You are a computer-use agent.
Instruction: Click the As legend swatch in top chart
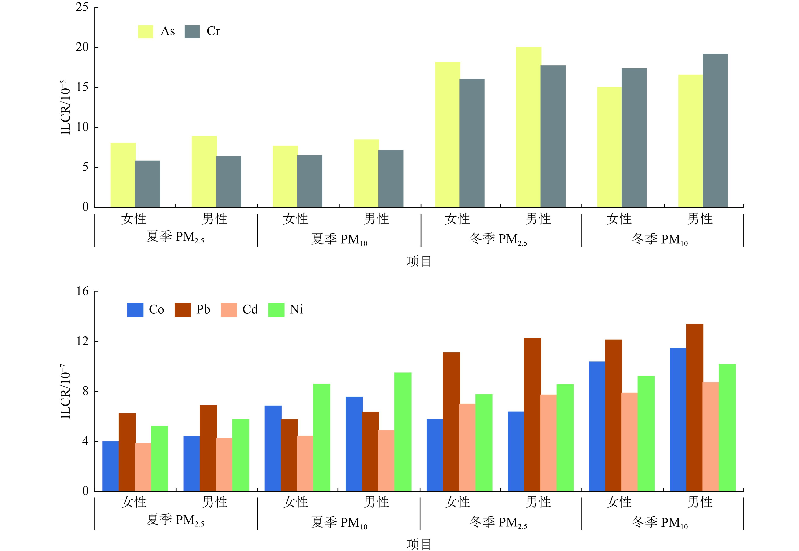(146, 32)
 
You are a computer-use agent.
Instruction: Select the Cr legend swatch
(192, 32)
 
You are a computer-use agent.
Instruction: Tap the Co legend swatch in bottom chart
(135, 310)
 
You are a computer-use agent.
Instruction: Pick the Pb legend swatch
(183, 310)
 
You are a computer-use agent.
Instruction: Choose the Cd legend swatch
(229, 310)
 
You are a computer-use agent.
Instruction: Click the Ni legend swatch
(276, 310)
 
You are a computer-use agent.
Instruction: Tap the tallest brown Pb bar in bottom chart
(695, 407)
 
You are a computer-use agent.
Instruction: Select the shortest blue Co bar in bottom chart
(110, 466)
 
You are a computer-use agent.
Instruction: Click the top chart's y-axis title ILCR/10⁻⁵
(66, 107)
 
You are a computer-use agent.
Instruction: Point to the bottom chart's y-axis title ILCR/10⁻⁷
(66, 391)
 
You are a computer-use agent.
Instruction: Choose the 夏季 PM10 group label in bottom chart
(339, 522)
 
